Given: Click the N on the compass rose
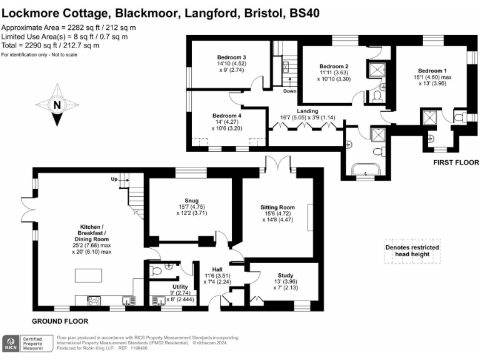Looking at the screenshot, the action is pyautogui.click(x=57, y=105).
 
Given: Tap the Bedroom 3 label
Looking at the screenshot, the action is pyautogui.click(x=231, y=57).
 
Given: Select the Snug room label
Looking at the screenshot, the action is pyautogui.click(x=192, y=201).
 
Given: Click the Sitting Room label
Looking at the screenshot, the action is pyautogui.click(x=277, y=207).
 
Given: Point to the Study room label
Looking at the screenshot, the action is pyautogui.click(x=285, y=275).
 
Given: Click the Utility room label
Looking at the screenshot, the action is pyautogui.click(x=180, y=286).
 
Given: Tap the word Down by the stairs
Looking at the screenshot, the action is pyautogui.click(x=289, y=91).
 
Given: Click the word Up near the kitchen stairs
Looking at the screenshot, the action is pyautogui.click(x=114, y=179).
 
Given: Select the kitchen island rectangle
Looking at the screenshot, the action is pyautogui.click(x=89, y=275).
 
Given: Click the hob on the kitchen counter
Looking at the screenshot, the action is pyautogui.click(x=94, y=301).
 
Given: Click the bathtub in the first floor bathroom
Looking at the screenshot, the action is pyautogui.click(x=366, y=169).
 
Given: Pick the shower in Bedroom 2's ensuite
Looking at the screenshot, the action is pyautogui.click(x=376, y=69).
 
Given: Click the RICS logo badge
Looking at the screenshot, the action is pyautogui.click(x=11, y=344).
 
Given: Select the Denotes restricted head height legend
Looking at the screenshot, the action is pyautogui.click(x=412, y=251).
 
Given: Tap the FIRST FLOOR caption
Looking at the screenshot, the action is pyautogui.click(x=456, y=162).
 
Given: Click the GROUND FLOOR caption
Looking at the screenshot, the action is pyautogui.click(x=60, y=321).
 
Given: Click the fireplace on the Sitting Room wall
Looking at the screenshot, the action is pyautogui.click(x=311, y=217).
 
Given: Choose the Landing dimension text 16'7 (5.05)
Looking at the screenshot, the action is pyautogui.click(x=293, y=117).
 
